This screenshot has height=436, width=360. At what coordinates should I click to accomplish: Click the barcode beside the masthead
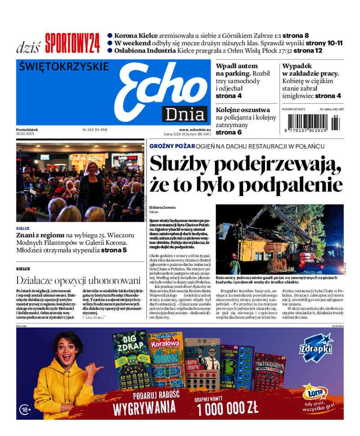(310, 122)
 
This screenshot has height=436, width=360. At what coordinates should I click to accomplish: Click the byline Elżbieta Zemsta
(162, 207)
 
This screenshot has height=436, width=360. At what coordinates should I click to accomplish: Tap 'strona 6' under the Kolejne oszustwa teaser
(229, 132)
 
